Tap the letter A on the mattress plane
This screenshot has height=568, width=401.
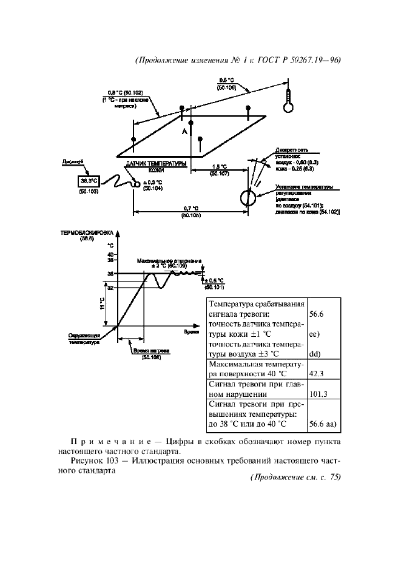(183, 132)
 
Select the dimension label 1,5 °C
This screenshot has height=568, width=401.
(220, 167)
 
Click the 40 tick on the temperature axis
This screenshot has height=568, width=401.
(110, 254)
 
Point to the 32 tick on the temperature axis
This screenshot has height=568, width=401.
(110, 288)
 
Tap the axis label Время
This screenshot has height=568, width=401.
(192, 332)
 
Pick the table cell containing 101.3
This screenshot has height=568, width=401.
(318, 394)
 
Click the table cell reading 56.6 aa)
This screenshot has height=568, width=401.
(322, 424)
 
